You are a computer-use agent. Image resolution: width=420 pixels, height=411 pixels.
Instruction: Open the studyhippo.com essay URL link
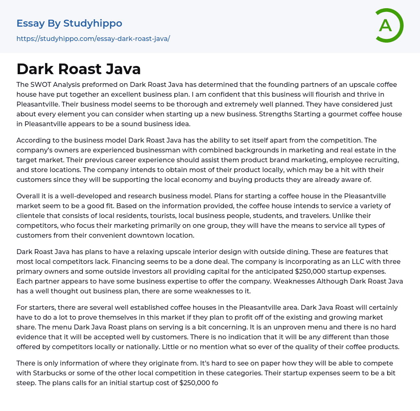[93, 39]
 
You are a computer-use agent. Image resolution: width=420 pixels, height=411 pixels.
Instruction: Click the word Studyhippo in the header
[93, 23]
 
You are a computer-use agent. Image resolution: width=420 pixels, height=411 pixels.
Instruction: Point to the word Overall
[29, 196]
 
